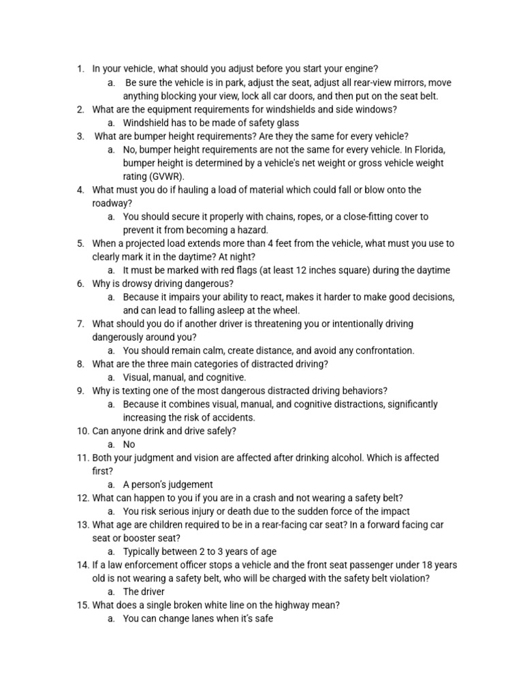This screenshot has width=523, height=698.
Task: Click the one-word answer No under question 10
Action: coord(129,444)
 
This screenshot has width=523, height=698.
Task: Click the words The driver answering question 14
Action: coord(144,592)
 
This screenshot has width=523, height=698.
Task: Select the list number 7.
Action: coord(81,324)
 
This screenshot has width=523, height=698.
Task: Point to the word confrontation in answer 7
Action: coord(383,350)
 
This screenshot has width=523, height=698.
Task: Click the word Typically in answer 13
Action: coord(144,551)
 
